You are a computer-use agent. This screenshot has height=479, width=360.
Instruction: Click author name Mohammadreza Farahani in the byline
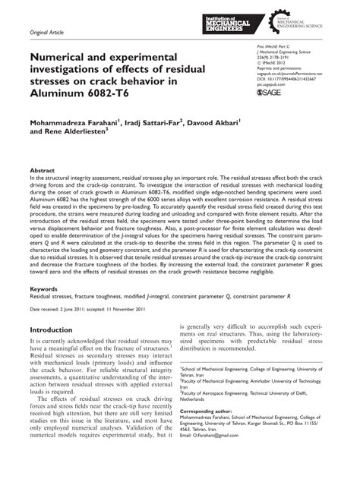pyautogui.click(x=75, y=121)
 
